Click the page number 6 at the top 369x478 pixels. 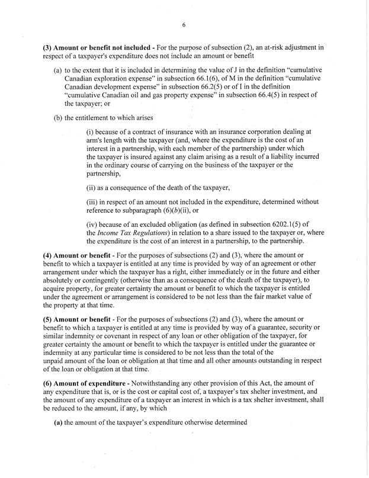click(x=184, y=25)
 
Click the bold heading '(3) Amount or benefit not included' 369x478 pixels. click(x=97, y=46)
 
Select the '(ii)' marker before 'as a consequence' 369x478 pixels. click(x=92, y=188)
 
